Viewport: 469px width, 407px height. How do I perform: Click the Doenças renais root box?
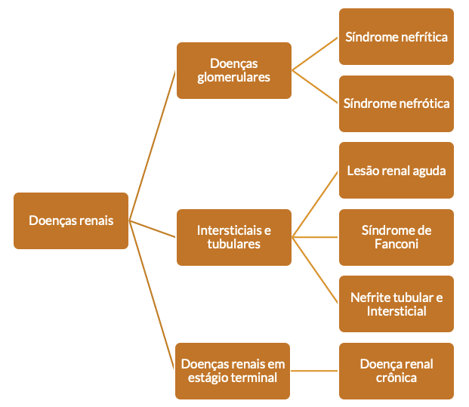(71, 220)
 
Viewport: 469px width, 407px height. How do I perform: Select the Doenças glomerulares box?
(234, 70)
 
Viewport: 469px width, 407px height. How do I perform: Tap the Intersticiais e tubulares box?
(234, 237)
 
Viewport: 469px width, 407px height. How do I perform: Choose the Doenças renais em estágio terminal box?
(233, 371)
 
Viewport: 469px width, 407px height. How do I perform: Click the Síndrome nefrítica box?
(396, 36)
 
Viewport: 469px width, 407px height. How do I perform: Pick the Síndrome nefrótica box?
(396, 103)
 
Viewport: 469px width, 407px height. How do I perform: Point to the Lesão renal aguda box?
(396, 170)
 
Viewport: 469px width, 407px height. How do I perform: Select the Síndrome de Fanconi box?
(396, 237)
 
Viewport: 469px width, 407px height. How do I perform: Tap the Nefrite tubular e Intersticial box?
(396, 304)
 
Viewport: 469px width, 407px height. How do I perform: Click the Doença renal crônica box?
(396, 371)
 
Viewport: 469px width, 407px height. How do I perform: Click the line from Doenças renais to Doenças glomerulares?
(153, 146)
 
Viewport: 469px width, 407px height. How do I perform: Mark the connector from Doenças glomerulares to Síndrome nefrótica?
(315, 87)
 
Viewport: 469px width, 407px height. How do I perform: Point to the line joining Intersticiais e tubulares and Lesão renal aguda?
(315, 204)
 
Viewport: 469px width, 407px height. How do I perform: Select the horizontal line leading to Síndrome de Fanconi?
(315, 237)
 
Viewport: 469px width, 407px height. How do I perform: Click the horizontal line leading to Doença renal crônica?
(314, 371)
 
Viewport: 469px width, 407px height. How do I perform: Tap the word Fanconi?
(396, 244)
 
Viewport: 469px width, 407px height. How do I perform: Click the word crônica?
(396, 378)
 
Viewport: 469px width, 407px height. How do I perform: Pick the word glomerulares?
(233, 78)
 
